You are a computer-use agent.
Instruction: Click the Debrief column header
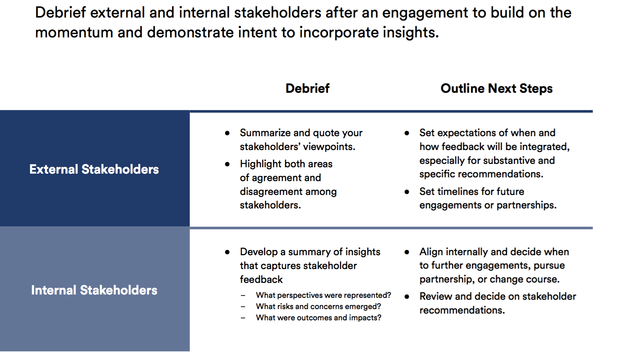[307, 88]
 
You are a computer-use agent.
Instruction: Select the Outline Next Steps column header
[496, 88]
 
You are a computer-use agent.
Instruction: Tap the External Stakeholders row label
[94, 169]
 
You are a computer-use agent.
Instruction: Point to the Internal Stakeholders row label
[94, 290]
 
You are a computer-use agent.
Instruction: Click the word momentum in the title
[74, 33]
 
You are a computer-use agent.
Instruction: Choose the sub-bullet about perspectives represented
[323, 295]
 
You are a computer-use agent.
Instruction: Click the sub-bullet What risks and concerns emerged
[319, 306]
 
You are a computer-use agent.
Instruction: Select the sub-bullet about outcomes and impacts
[319, 318]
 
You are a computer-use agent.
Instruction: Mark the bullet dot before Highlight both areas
[227, 164]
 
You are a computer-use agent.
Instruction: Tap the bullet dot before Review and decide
[407, 297]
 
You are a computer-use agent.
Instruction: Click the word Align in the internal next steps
[431, 252]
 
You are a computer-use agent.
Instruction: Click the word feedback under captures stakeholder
[261, 280]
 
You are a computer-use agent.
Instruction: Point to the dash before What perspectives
[243, 296]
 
